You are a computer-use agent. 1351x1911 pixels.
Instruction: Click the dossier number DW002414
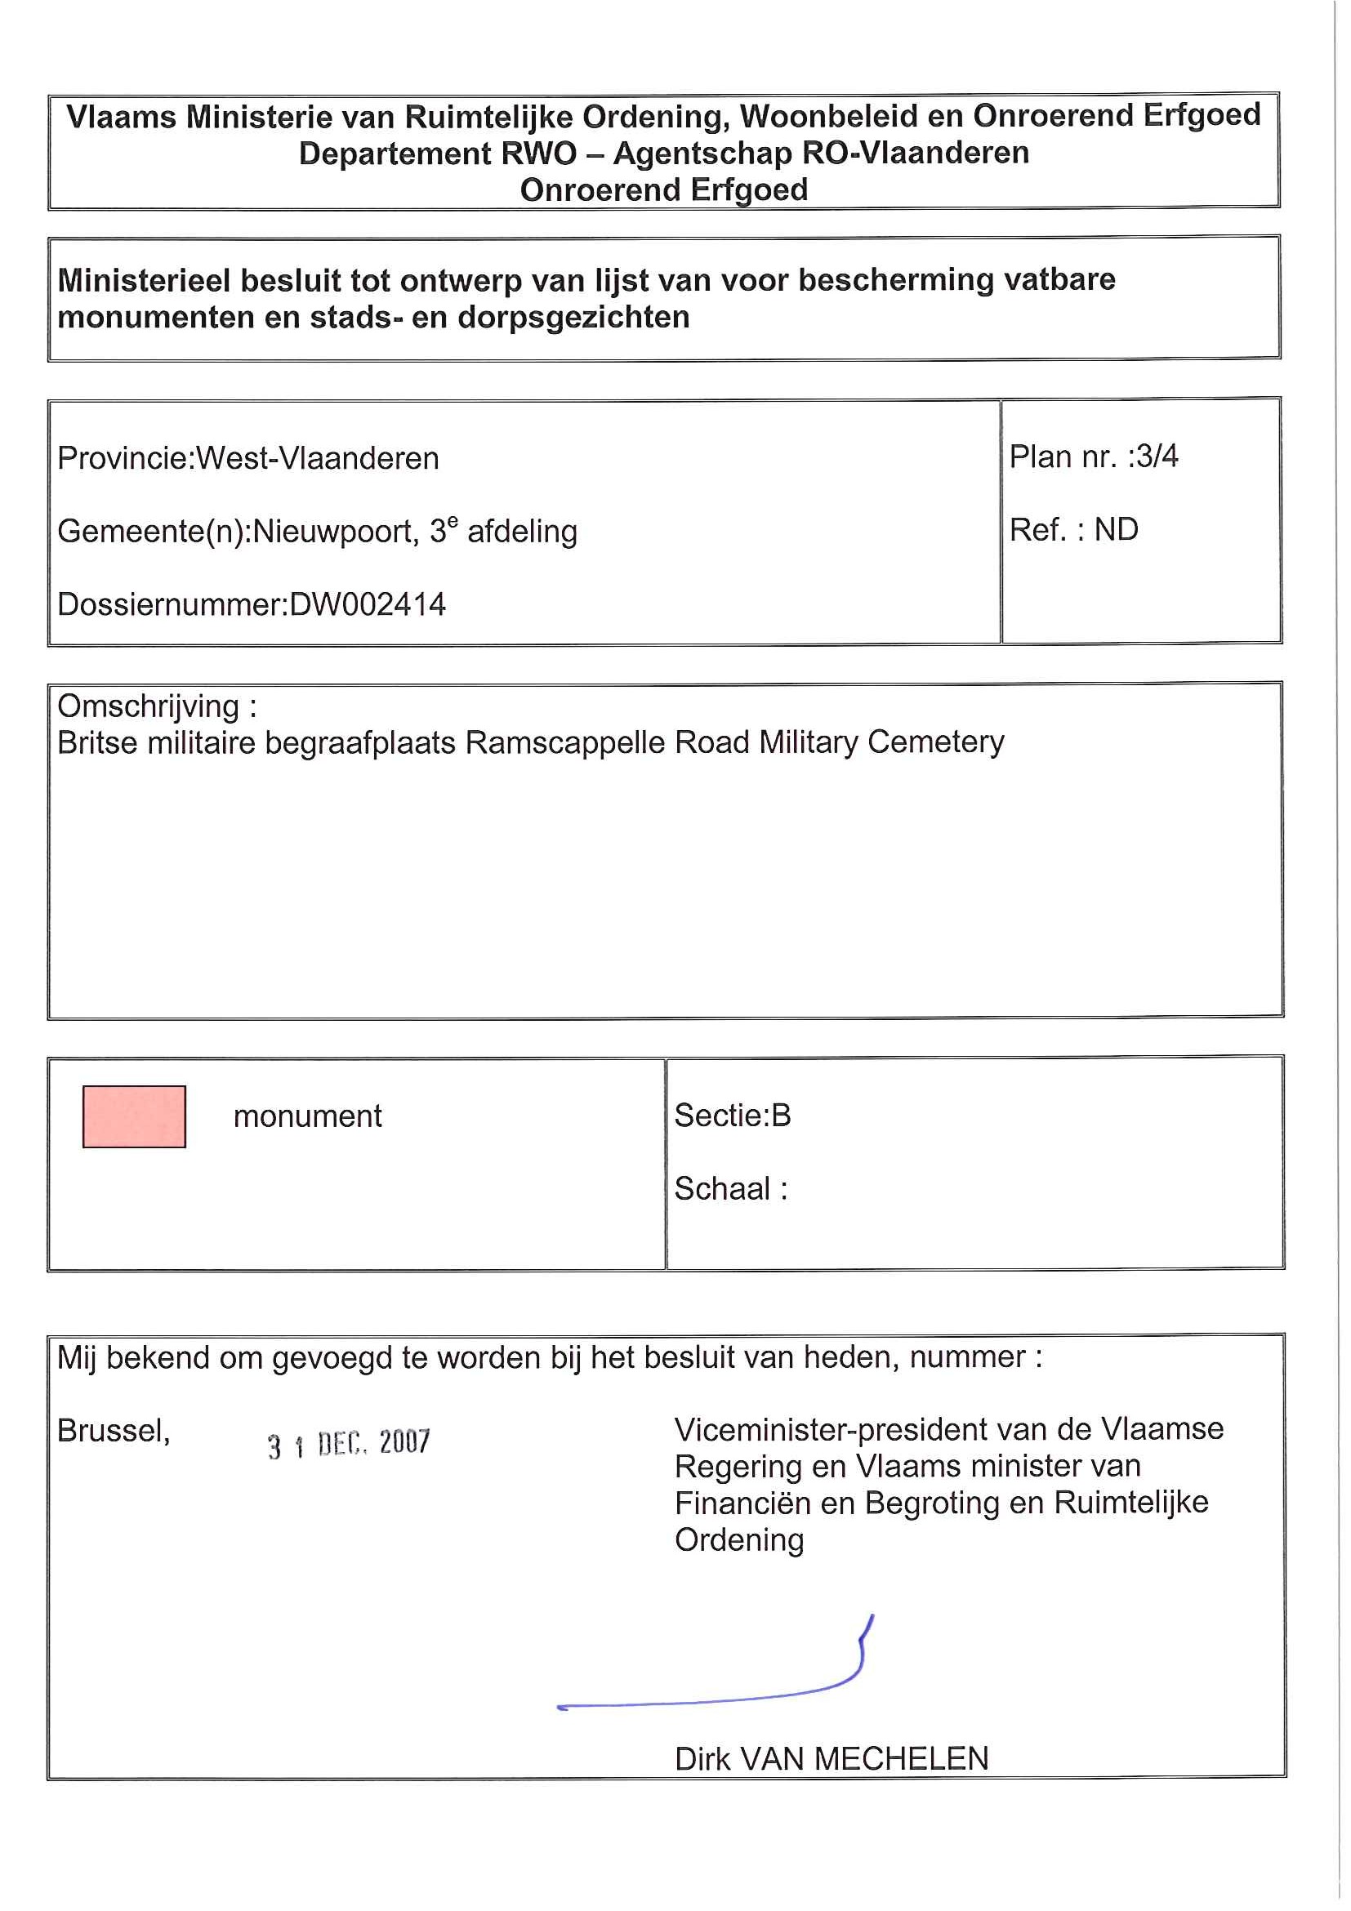[x=367, y=604]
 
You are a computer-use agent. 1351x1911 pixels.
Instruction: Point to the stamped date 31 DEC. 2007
[x=349, y=1443]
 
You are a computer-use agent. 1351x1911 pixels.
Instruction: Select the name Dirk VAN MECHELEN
[x=832, y=1758]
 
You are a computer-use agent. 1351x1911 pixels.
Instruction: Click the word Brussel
[x=114, y=1431]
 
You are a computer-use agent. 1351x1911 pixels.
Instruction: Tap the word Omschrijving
[x=148, y=706]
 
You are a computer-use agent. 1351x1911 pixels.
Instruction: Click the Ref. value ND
[x=1117, y=529]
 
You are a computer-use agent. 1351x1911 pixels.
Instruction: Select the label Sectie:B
[x=733, y=1116]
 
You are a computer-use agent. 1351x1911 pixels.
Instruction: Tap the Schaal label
[x=723, y=1188]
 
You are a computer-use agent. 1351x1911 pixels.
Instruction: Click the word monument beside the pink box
[x=307, y=1116]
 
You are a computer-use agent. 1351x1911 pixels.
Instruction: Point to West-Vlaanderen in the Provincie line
[x=317, y=459]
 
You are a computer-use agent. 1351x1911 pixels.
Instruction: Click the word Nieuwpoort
[x=332, y=531]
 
